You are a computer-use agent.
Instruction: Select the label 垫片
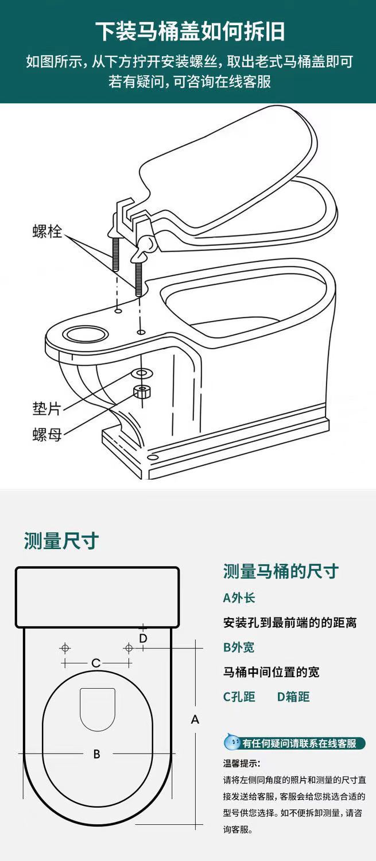click(46, 409)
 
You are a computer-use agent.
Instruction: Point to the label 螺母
click(46, 435)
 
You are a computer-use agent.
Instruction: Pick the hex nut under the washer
click(142, 392)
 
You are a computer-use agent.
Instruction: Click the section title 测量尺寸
click(61, 540)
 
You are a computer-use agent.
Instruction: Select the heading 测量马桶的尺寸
click(281, 572)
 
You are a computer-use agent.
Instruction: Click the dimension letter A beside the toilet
click(195, 719)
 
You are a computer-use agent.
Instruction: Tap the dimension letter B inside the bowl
click(96, 754)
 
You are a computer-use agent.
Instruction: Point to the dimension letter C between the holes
click(96, 663)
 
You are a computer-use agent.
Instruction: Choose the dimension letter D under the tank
click(143, 638)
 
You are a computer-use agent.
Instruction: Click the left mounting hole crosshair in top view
click(65, 648)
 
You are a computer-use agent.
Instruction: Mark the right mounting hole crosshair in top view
click(129, 648)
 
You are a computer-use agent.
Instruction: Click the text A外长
click(239, 598)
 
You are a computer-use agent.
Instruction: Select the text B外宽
click(239, 647)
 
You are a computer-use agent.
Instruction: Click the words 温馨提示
click(242, 764)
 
